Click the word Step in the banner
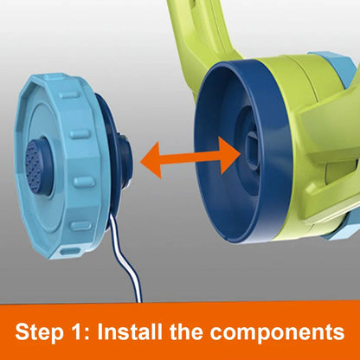point(39,332)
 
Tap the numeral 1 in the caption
point(76,331)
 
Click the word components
point(277,333)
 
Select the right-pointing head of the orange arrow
point(229,155)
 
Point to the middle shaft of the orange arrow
point(190,157)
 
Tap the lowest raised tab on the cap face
point(80,226)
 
